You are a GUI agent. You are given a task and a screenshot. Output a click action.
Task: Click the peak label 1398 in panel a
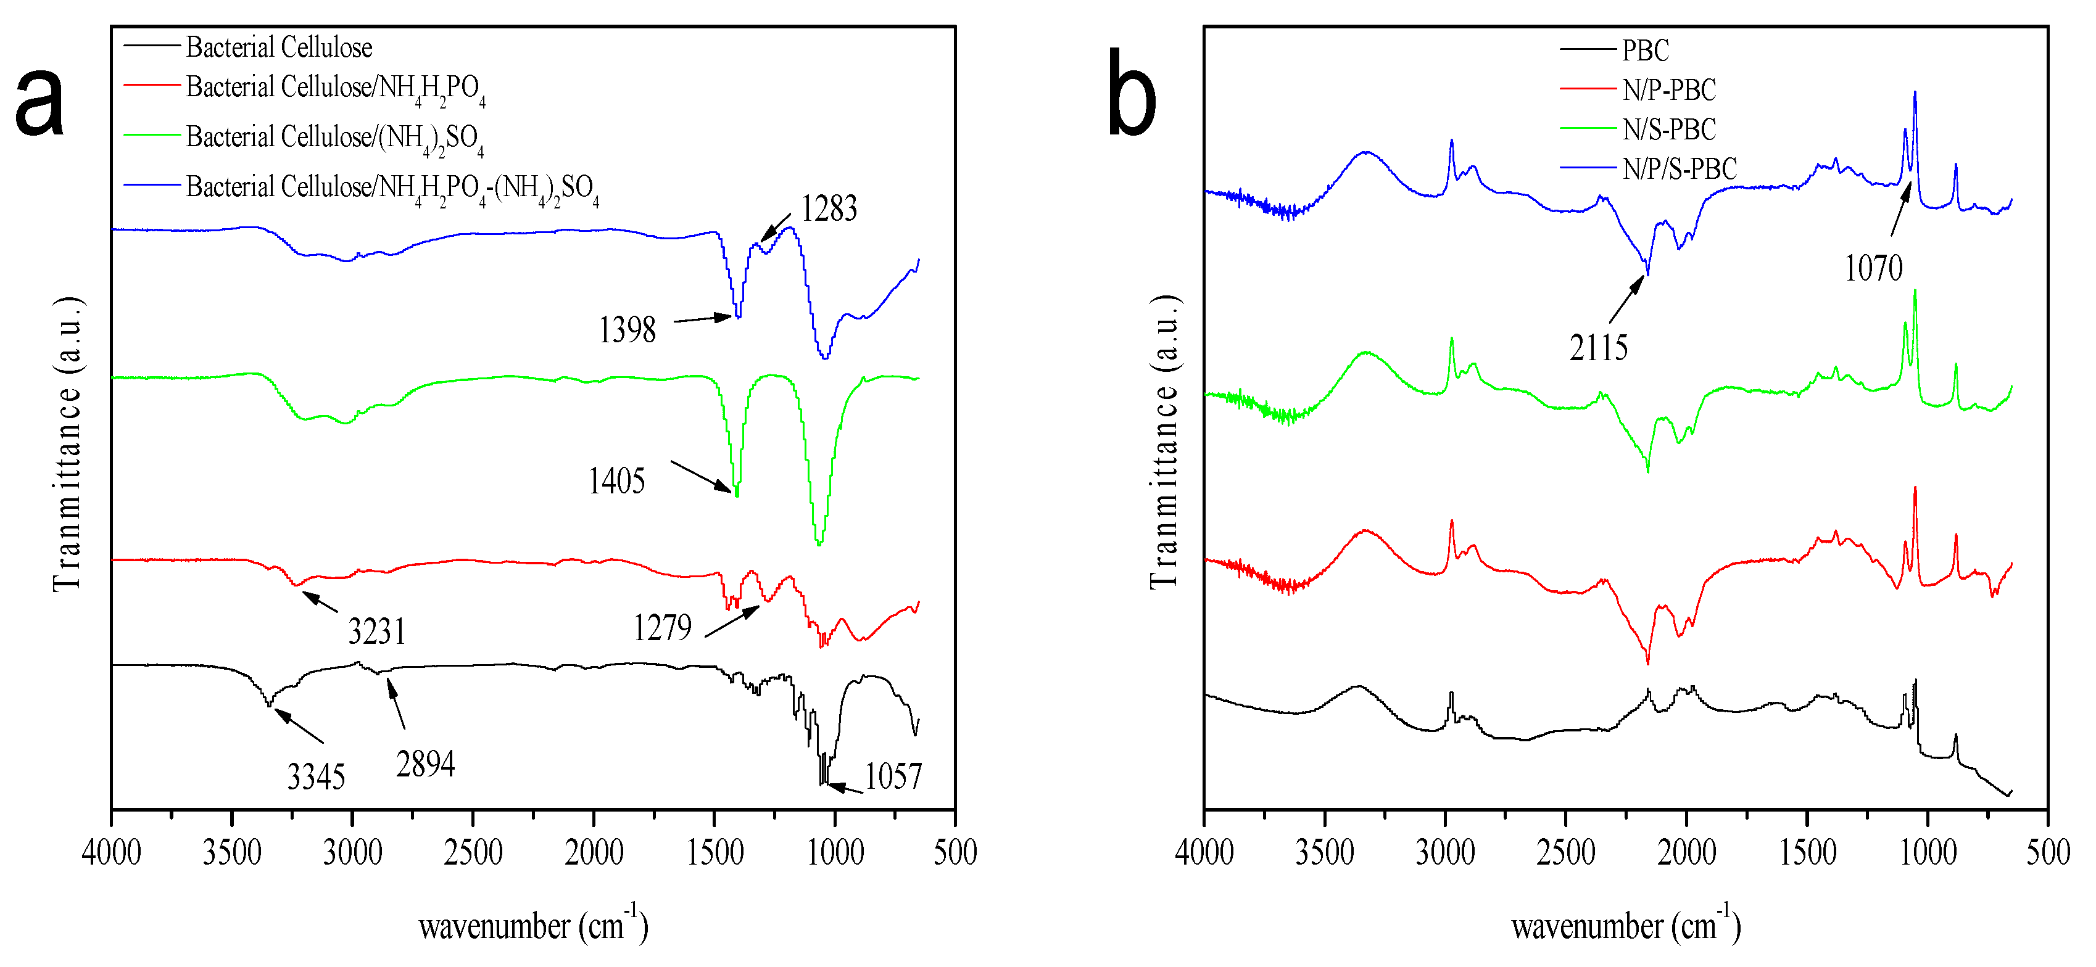coord(626,330)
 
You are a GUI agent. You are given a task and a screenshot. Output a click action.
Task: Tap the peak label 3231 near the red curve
coord(377,631)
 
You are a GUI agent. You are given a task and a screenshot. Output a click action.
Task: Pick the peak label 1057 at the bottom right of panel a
coord(893,776)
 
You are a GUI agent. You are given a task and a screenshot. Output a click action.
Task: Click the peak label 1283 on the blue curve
coord(828,209)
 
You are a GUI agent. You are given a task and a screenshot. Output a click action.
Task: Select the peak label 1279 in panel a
coord(661,628)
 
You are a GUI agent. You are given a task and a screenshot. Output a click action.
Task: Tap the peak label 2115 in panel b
coord(1598,348)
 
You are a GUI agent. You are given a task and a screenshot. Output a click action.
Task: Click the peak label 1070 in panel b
coord(1873,268)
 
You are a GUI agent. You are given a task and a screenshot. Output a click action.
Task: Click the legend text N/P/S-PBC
coord(1679,169)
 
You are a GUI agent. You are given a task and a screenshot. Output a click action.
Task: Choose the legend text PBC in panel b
coord(1644,51)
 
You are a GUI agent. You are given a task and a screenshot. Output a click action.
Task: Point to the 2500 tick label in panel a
coord(473,852)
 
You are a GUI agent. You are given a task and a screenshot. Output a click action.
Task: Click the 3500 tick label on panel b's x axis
coord(1324,852)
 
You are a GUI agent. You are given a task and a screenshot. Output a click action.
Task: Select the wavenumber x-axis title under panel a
coord(533,926)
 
